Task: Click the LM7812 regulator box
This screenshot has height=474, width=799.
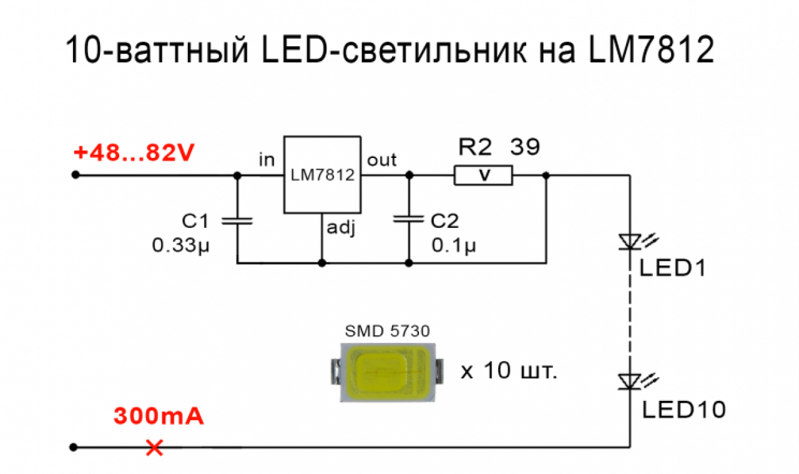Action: click(x=322, y=175)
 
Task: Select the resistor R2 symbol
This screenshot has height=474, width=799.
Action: click(x=483, y=175)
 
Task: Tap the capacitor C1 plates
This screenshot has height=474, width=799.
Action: click(x=237, y=221)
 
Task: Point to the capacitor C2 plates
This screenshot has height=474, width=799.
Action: click(x=409, y=219)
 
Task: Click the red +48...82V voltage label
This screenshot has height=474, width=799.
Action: click(x=134, y=153)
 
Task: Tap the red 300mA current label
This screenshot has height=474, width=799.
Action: click(x=159, y=416)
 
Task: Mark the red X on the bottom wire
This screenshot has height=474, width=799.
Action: click(x=155, y=447)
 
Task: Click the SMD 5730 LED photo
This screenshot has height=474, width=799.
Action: click(x=388, y=372)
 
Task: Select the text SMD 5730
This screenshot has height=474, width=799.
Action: click(x=388, y=331)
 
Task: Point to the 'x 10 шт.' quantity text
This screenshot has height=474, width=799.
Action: click(x=509, y=371)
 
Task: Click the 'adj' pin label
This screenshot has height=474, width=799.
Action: click(x=341, y=228)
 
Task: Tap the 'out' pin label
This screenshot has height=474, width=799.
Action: click(x=381, y=160)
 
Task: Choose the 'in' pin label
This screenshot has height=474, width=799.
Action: click(x=267, y=160)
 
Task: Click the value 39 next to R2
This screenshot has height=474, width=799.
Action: click(x=525, y=147)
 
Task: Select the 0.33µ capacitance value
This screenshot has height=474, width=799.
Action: click(x=180, y=245)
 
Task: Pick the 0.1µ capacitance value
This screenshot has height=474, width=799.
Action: click(x=454, y=245)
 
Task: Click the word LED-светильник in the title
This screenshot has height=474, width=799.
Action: click(x=394, y=50)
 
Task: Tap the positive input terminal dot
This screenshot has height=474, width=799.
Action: click(x=76, y=175)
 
